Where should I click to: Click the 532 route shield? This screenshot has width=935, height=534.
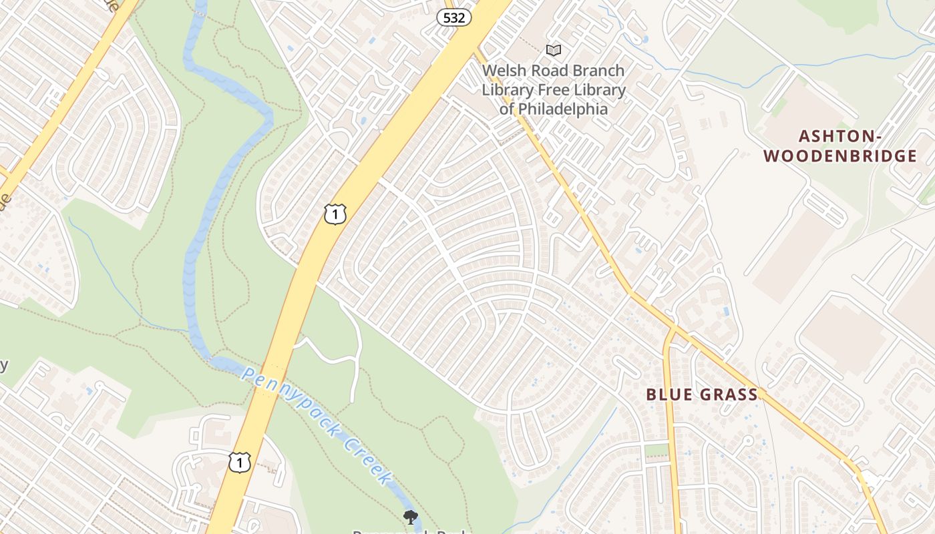coord(454,17)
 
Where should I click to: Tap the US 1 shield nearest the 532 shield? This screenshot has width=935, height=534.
coord(335,214)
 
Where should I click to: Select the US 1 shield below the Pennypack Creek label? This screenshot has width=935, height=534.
coord(240,462)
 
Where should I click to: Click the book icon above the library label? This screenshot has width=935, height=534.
coord(553,50)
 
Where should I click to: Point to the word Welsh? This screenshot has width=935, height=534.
coord(504,71)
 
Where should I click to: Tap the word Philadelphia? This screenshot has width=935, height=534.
coord(563,109)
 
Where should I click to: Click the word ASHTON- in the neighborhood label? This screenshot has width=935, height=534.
coord(841,137)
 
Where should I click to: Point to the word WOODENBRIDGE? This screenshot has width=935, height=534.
coord(840,157)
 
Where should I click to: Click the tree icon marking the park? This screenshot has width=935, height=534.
coord(411,516)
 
